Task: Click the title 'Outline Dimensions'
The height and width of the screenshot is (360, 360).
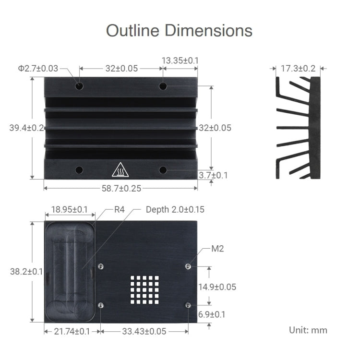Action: (179, 30)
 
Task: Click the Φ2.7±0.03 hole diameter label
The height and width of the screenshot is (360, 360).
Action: (38, 68)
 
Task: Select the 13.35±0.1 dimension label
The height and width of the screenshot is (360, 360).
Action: (180, 60)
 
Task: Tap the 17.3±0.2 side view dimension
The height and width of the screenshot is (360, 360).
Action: (298, 68)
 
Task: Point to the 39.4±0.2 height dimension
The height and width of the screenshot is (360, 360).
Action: (26, 128)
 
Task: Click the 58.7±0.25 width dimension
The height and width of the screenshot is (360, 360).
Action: (121, 188)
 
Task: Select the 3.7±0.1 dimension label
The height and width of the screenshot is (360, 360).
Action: (213, 175)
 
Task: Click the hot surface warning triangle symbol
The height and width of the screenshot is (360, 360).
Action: (119, 170)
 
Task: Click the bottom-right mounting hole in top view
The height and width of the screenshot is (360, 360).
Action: (163, 170)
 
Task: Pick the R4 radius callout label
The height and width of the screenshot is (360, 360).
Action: (120, 210)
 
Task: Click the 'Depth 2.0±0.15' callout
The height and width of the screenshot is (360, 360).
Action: (175, 210)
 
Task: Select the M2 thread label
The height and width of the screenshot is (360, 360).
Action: (217, 249)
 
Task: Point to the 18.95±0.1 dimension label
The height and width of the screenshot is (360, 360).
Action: (69, 210)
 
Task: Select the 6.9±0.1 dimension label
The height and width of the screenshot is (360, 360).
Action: (212, 314)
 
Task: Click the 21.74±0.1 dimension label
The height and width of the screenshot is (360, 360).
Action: (72, 331)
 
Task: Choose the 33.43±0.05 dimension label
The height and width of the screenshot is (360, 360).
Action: (144, 331)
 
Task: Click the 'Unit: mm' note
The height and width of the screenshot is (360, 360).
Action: (308, 330)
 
